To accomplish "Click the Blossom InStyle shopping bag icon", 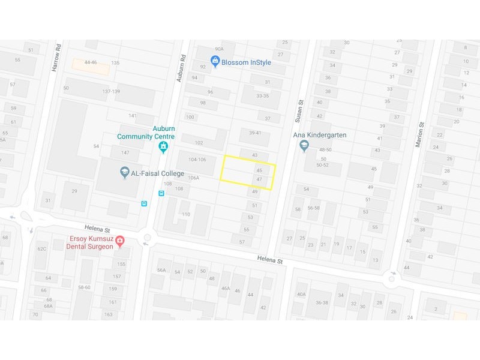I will coord(215,61).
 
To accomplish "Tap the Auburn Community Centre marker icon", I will coord(163,147).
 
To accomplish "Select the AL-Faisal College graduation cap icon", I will coord(124,173).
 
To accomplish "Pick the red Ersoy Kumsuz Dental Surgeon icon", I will coord(120,241).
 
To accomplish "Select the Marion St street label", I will coord(420,133).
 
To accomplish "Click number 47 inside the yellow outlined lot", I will coord(259,179).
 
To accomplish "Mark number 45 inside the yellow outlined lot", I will coord(259,170).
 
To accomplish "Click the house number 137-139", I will coord(111,91).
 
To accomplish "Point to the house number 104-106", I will coord(197,160).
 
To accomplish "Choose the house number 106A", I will coord(193,178).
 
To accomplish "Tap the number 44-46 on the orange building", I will coord(91,62).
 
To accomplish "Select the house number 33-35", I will coord(263,96).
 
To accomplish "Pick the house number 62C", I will coord(42,248).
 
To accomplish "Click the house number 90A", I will coord(219,49).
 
